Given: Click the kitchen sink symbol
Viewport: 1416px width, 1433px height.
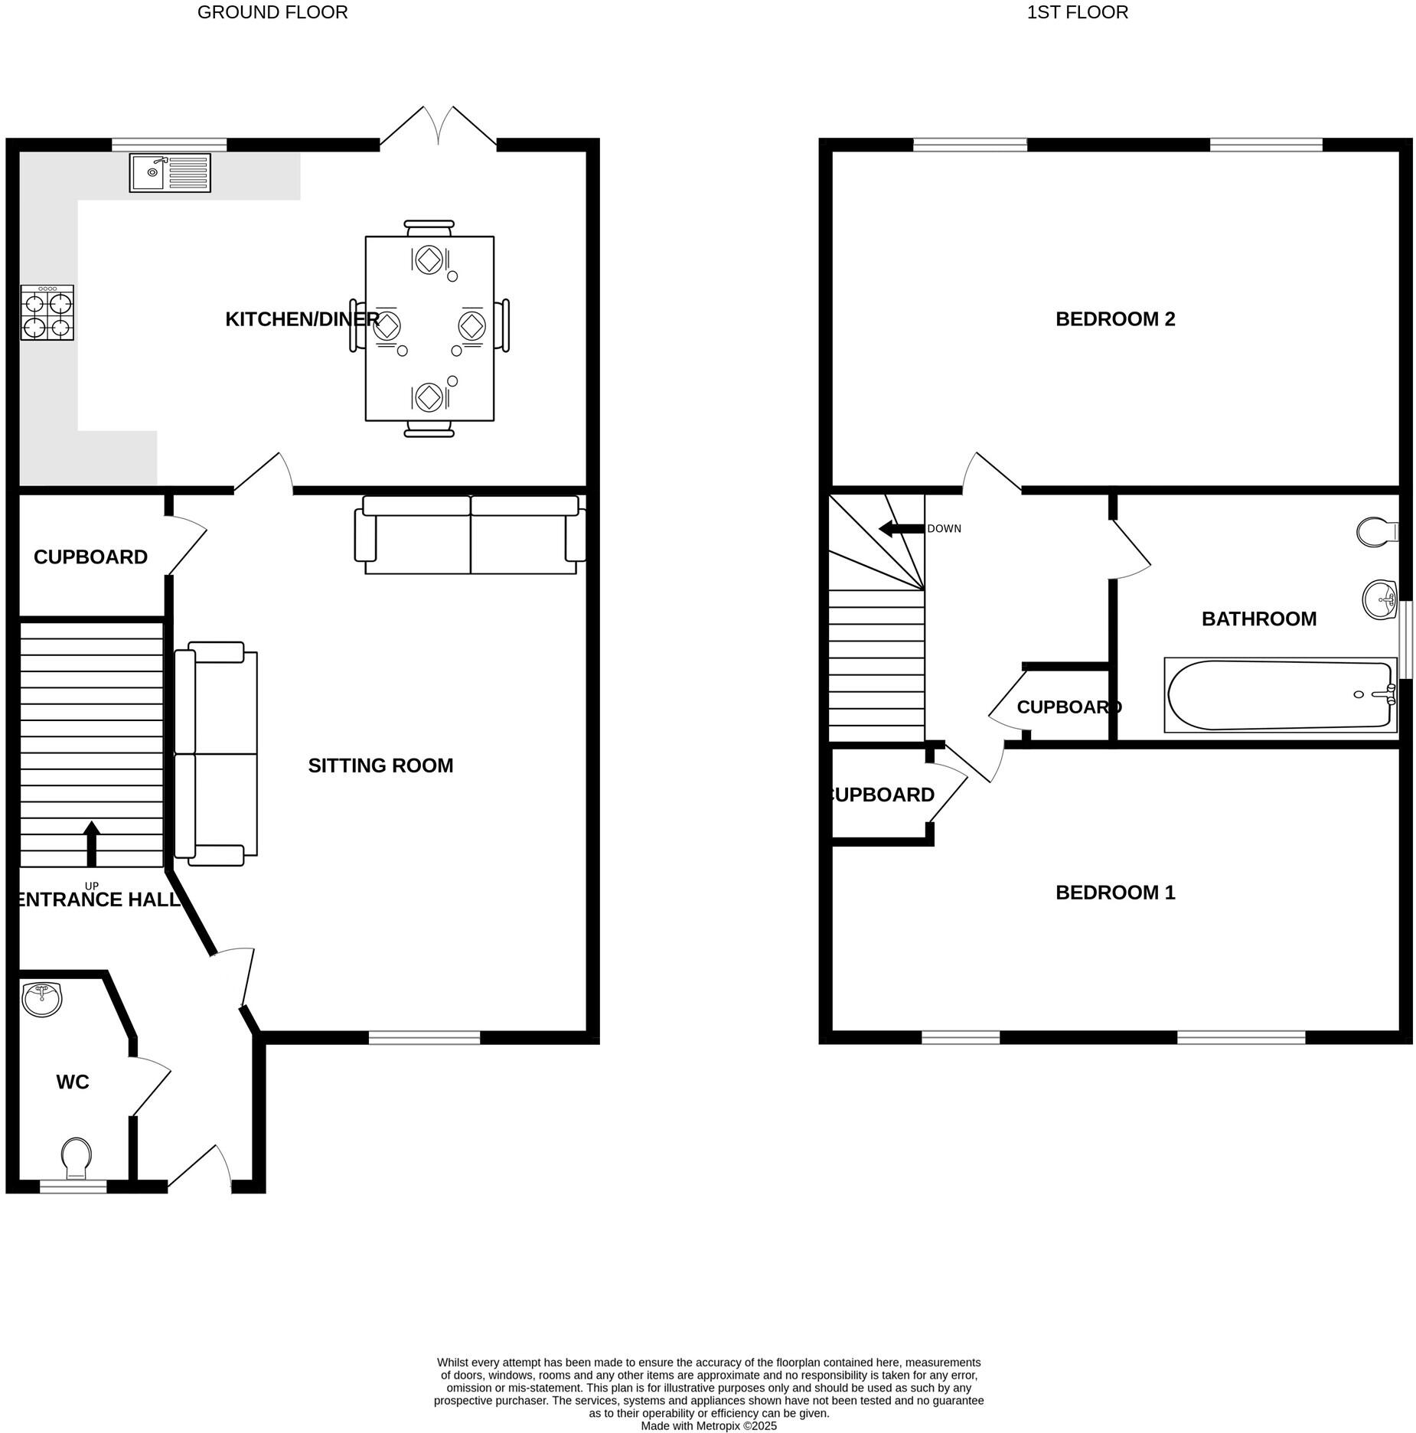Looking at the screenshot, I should point(169,173).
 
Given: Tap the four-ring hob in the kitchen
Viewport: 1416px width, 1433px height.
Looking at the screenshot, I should point(47,312).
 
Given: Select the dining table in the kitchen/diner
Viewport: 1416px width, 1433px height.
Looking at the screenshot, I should point(429,328).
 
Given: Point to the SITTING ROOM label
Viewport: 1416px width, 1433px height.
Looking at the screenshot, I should point(380,765).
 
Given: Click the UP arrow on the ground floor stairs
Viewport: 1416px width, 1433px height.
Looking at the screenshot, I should point(91,843).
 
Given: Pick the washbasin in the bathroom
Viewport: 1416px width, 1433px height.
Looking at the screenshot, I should point(1379,599).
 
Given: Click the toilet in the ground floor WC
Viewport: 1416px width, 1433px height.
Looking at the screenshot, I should point(77,1157).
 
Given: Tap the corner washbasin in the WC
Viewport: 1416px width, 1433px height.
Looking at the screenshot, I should point(42,999).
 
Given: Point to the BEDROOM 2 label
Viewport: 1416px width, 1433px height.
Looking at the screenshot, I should point(1114,319).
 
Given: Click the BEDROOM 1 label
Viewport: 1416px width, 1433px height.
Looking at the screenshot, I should point(1114,893).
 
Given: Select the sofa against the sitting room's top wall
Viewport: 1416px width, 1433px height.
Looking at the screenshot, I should point(470,535).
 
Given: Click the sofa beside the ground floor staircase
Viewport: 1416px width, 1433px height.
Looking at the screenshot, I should point(216,754).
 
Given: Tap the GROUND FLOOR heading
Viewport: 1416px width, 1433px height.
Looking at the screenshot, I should point(272,12).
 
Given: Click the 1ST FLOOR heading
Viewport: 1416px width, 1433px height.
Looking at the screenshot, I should point(1077,12).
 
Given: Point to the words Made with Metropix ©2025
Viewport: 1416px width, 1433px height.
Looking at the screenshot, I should point(708,1426).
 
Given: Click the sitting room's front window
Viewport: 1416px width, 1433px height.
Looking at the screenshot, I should point(424,1037).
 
